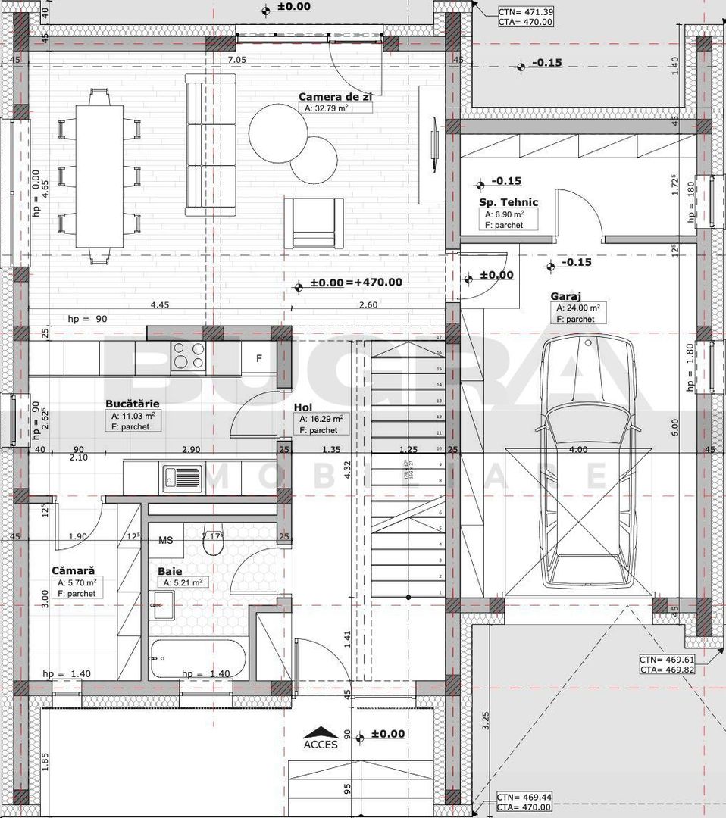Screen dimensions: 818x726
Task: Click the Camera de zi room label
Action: click(334, 97)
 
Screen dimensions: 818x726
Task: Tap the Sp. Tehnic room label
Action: click(508, 202)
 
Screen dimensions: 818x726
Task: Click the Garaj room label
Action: click(568, 297)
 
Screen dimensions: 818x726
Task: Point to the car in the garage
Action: click(587, 462)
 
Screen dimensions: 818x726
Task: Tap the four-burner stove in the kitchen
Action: click(189, 354)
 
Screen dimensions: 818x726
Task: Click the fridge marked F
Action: click(258, 358)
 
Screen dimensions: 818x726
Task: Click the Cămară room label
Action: click(73, 570)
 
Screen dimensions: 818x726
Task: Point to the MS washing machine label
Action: click(165, 541)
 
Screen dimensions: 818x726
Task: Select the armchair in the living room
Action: click(314, 222)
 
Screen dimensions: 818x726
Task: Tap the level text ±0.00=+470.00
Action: click(356, 283)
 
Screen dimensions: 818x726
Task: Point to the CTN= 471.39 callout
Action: click(525, 12)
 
